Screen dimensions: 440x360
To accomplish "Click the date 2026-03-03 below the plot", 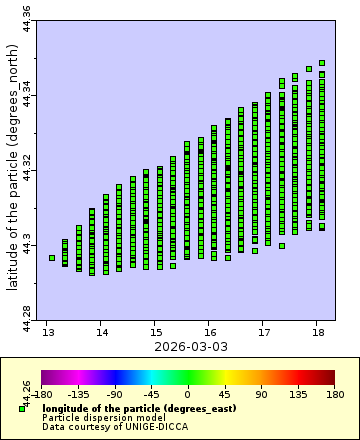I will [184, 346].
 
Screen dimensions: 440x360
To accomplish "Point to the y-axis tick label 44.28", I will [27, 319].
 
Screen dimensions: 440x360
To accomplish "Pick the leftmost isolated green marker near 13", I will [52, 258].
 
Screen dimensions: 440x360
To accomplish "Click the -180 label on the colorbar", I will [42, 395].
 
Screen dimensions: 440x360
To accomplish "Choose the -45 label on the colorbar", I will [151, 395].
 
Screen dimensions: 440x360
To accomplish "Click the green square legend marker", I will [22, 408].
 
